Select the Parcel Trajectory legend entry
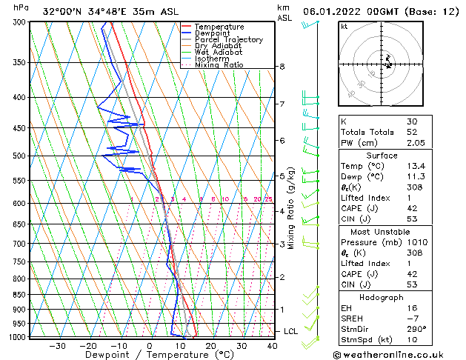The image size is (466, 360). point(229,40)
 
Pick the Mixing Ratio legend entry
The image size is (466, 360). point(219,65)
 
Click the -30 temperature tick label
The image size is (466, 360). point(57,346)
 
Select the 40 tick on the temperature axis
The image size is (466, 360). point(272,346)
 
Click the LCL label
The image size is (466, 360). point(290,331)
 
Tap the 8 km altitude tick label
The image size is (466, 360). point(282,67)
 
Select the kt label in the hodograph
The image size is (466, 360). point(344,26)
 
